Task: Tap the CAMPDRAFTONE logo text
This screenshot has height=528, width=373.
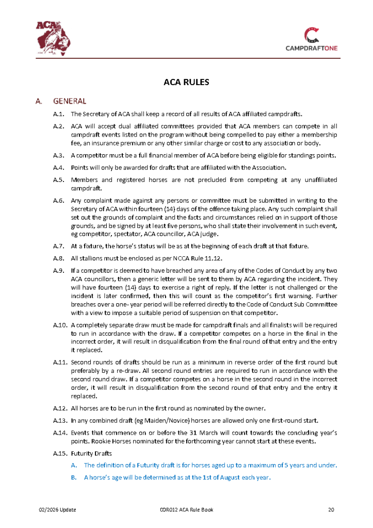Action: (312, 48)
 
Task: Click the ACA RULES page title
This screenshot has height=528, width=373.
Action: (186, 81)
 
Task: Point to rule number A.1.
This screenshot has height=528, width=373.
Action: (58, 114)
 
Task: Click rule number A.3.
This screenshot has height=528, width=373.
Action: (58, 155)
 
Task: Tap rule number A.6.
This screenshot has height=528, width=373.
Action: (58, 201)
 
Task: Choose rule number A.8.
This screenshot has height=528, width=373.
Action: (58, 258)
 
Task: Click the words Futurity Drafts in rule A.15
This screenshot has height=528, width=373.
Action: (91, 453)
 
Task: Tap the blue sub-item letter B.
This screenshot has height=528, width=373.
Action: (74, 477)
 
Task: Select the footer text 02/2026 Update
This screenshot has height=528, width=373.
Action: (58, 510)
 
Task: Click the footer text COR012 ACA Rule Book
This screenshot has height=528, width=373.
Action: (186, 510)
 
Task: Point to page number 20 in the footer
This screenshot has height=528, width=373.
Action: (331, 510)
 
